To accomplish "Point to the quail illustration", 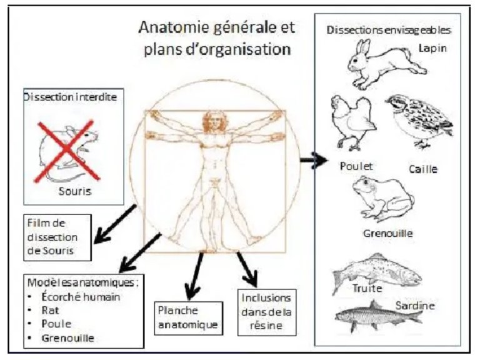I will point(419,120).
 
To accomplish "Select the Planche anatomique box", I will point(187,317).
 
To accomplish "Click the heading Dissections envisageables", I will point(390,29).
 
